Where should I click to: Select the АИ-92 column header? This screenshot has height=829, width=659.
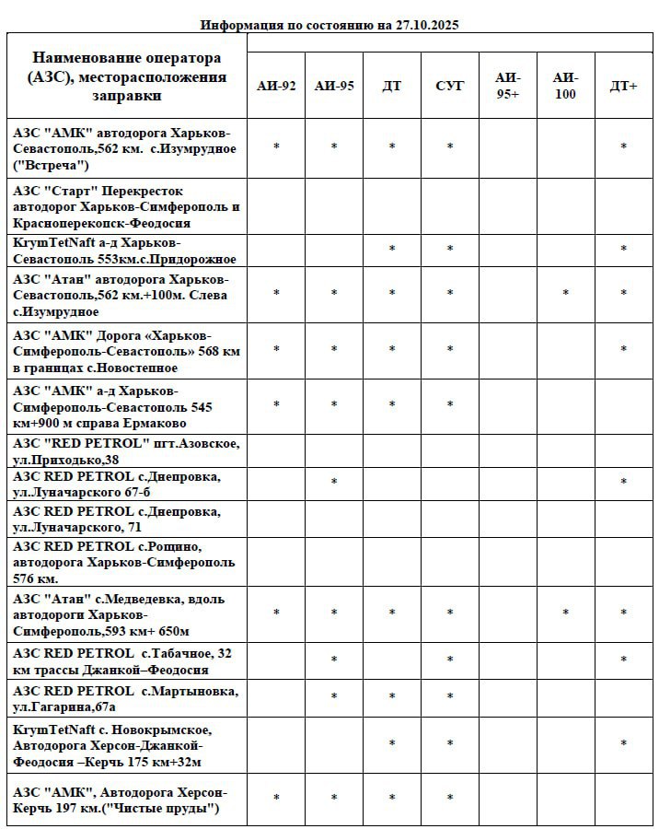click(x=276, y=87)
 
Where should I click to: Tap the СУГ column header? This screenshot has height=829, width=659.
click(x=450, y=87)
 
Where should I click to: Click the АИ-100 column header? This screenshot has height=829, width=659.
click(x=566, y=87)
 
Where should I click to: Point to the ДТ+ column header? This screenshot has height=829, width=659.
click(x=624, y=87)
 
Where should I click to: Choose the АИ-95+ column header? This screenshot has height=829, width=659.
click(x=508, y=87)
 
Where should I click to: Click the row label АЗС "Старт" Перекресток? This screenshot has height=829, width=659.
click(x=127, y=207)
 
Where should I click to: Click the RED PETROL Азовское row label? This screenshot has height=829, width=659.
click(x=127, y=451)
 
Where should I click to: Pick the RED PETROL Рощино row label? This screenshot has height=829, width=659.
click(x=125, y=562)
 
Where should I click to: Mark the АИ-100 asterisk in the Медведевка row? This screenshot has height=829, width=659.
click(x=566, y=613)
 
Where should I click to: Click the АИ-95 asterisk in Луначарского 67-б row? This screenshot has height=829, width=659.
click(x=334, y=483)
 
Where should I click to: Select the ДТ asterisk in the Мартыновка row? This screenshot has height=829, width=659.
click(x=392, y=697)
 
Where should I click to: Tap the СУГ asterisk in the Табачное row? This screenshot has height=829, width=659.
click(x=450, y=660)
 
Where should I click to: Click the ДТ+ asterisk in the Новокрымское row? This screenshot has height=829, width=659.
click(x=624, y=744)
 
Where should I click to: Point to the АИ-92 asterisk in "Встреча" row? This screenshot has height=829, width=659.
click(x=276, y=147)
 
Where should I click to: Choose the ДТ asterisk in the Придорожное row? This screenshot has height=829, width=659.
click(x=392, y=250)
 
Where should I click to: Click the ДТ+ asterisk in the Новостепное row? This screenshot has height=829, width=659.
click(x=624, y=350)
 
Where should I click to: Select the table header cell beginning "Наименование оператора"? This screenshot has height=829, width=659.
click(x=127, y=76)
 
